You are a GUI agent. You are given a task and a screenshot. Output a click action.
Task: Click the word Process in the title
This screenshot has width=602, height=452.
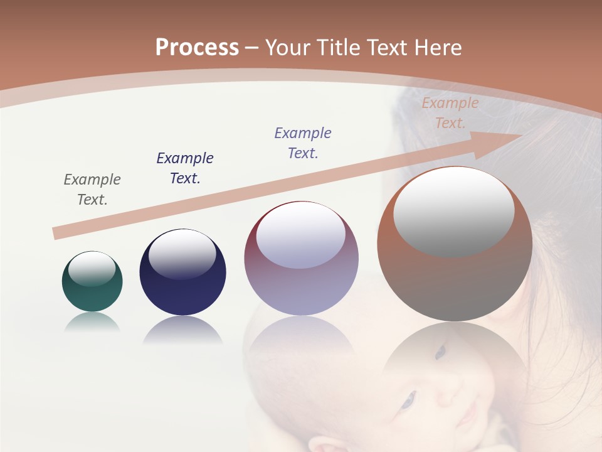[x=197, y=48]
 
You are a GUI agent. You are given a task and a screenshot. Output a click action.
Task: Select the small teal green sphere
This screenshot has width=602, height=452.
[x=92, y=282]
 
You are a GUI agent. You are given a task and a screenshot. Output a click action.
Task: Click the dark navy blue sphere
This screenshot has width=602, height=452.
[x=182, y=272]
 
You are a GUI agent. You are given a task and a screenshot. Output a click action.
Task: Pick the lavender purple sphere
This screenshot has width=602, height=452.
[x=301, y=259]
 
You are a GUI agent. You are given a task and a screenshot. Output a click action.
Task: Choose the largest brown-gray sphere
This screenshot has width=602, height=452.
[x=455, y=244]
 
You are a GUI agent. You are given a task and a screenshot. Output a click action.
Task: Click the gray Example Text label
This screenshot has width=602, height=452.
[x=92, y=190]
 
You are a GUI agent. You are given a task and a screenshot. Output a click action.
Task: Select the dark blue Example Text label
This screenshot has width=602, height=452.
[x=185, y=168]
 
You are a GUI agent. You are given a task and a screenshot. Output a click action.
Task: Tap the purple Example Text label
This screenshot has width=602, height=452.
[x=303, y=143]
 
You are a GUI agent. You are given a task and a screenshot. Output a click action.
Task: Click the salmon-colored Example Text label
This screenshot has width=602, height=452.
[x=450, y=113]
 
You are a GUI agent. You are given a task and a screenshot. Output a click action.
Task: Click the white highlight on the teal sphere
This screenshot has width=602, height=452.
[x=92, y=268]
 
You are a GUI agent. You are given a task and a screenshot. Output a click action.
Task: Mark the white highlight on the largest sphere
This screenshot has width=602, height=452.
[x=454, y=211]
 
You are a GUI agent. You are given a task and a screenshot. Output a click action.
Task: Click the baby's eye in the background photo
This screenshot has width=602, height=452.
[x=409, y=399]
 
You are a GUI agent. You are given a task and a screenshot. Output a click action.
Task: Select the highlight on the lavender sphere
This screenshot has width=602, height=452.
[x=301, y=235]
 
